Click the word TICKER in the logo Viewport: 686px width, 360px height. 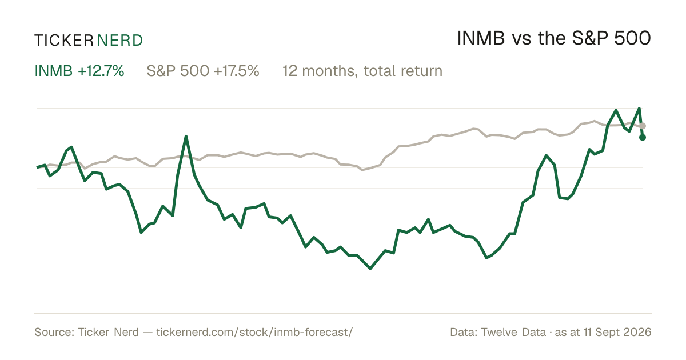point(63,41)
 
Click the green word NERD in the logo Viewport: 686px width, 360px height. point(120,41)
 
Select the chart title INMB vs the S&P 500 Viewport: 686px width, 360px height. point(554,38)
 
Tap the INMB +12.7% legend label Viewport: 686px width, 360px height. point(79,71)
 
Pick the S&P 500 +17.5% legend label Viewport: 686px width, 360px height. point(203,71)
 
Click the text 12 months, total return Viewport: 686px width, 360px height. point(362,71)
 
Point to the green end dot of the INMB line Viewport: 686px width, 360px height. point(643,138)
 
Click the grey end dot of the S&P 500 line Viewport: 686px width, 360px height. point(643,126)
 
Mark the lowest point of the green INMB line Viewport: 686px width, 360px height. point(370,269)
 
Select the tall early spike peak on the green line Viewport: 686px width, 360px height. point(186,136)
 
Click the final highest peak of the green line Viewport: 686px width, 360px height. point(639,109)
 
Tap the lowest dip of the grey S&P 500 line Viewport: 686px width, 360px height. point(362,170)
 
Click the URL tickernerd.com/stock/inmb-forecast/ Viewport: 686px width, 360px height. point(254,332)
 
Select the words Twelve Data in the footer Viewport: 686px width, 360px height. point(513,332)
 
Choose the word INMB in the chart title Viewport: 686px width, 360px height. point(481,38)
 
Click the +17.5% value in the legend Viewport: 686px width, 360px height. point(237,71)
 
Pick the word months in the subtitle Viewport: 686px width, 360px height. point(330,71)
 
